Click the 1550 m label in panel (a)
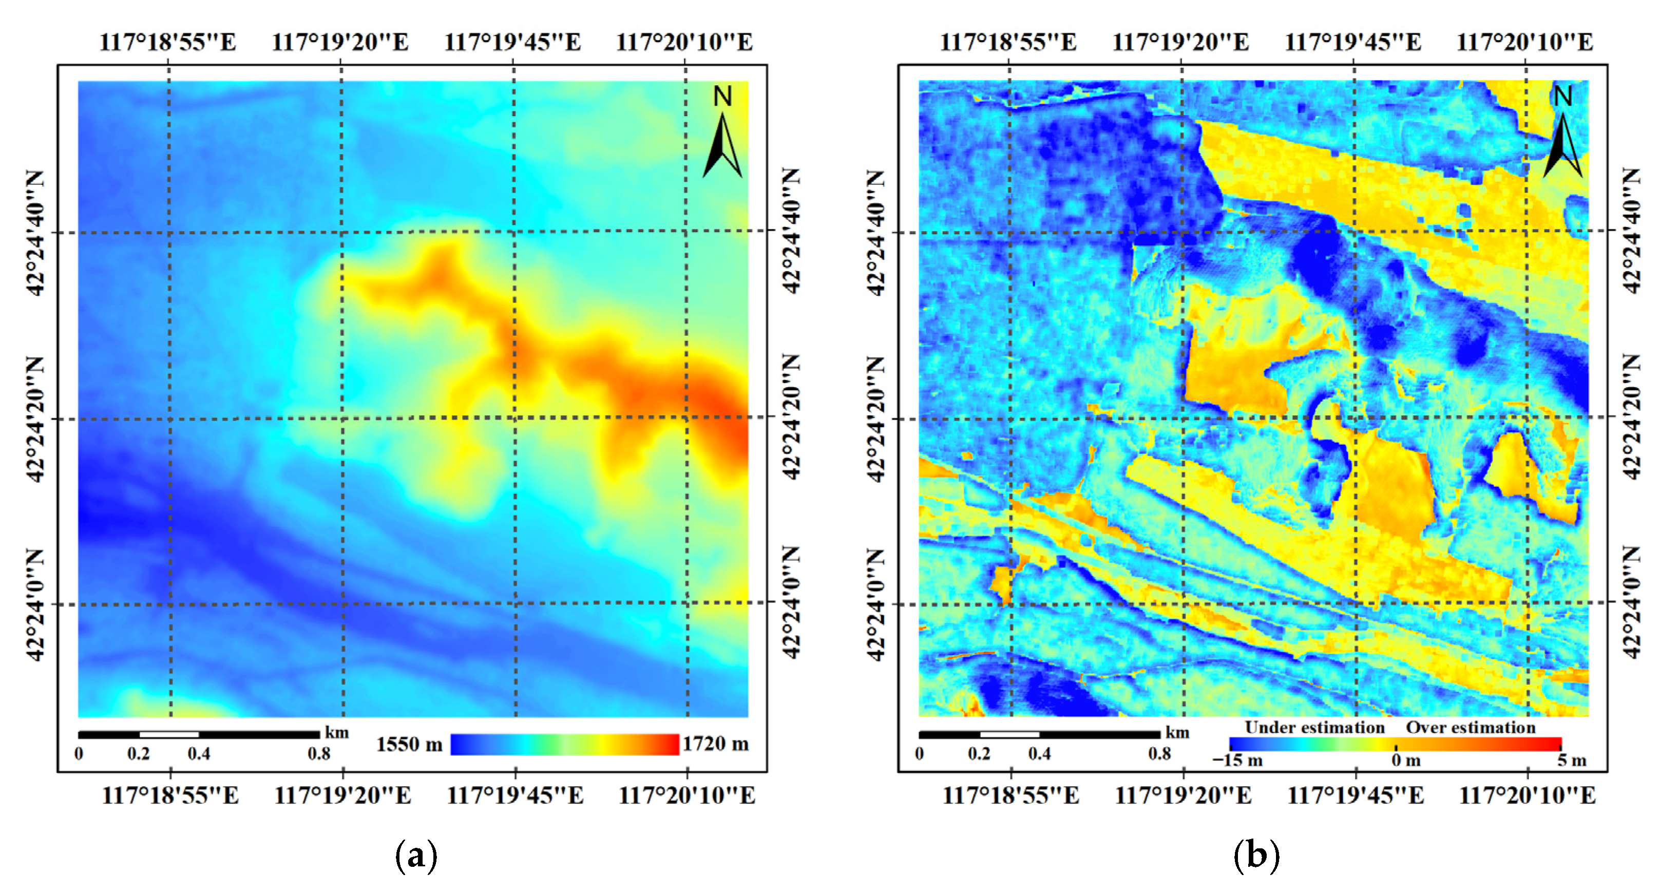[409, 744]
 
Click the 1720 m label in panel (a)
[715, 744]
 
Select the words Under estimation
[1314, 727]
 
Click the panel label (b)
[1256, 856]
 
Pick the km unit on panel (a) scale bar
[337, 732]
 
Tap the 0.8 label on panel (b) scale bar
[1159, 754]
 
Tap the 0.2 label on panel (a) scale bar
[138, 754]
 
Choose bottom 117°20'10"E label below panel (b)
[1527, 795]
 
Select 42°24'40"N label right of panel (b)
[1630, 231]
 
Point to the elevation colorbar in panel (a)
[564, 744]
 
